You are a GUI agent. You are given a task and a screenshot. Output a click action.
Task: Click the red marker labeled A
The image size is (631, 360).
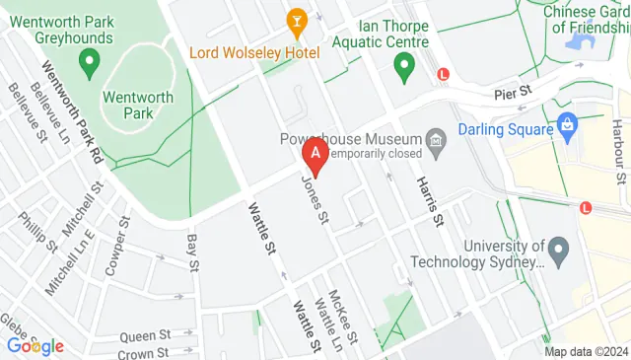[x=315, y=154]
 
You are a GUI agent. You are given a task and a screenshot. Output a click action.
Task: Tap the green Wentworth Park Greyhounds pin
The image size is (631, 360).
[x=88, y=65]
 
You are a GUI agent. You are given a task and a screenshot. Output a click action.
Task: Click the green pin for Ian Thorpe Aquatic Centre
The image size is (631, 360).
[x=403, y=67]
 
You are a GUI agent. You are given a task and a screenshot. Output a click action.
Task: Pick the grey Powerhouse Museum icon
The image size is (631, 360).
[x=435, y=146]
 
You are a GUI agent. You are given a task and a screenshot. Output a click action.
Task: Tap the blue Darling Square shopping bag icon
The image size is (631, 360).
[x=567, y=125]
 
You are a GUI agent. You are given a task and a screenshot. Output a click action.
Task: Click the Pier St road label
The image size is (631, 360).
[x=513, y=91]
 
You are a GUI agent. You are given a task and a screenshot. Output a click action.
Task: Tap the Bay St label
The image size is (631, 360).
[x=192, y=252]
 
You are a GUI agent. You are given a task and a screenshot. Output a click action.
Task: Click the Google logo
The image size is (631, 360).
[x=35, y=346]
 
